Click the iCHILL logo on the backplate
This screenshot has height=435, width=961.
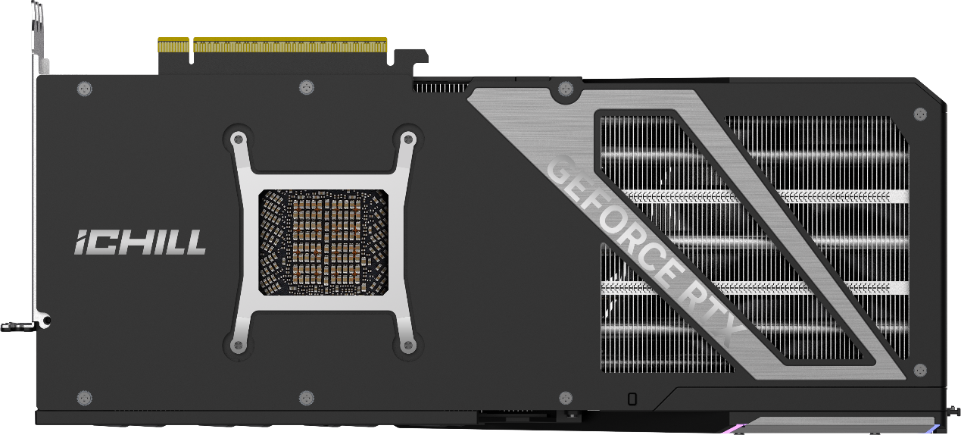point(140,243)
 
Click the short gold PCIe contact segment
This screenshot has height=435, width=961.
point(173,45)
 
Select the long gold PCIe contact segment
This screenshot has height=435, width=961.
point(290,45)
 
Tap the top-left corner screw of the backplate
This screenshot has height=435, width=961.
point(85,89)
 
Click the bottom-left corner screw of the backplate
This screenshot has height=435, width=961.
point(85,398)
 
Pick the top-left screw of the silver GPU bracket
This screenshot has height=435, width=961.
point(239,139)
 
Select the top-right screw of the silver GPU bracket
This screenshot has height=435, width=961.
point(408,139)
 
